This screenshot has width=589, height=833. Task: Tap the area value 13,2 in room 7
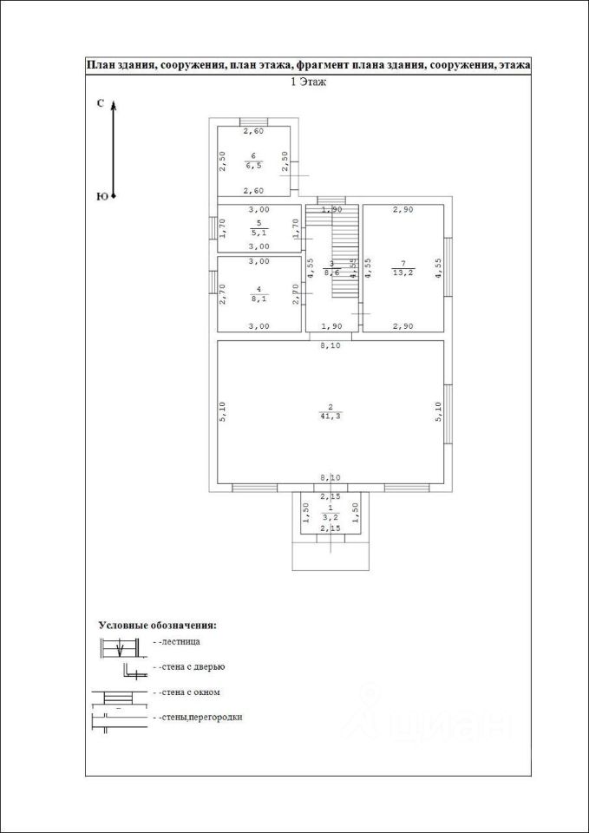click(x=402, y=273)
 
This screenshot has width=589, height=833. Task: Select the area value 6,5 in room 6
click(x=253, y=165)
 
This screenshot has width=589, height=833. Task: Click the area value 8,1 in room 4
click(x=259, y=298)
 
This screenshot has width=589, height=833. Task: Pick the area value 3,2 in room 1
click(x=330, y=516)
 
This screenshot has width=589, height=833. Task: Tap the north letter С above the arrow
click(x=101, y=103)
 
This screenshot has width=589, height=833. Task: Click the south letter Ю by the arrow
click(x=101, y=197)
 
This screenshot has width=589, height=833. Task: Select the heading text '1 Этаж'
click(x=307, y=82)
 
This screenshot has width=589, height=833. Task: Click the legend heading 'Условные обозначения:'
click(x=157, y=624)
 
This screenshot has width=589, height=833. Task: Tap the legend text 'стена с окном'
click(x=188, y=692)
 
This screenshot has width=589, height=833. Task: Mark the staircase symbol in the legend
click(x=119, y=647)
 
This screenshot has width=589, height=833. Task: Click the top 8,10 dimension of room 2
click(x=330, y=344)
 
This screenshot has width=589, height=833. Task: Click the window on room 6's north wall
click(x=253, y=121)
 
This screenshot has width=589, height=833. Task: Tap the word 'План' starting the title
click(x=101, y=65)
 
